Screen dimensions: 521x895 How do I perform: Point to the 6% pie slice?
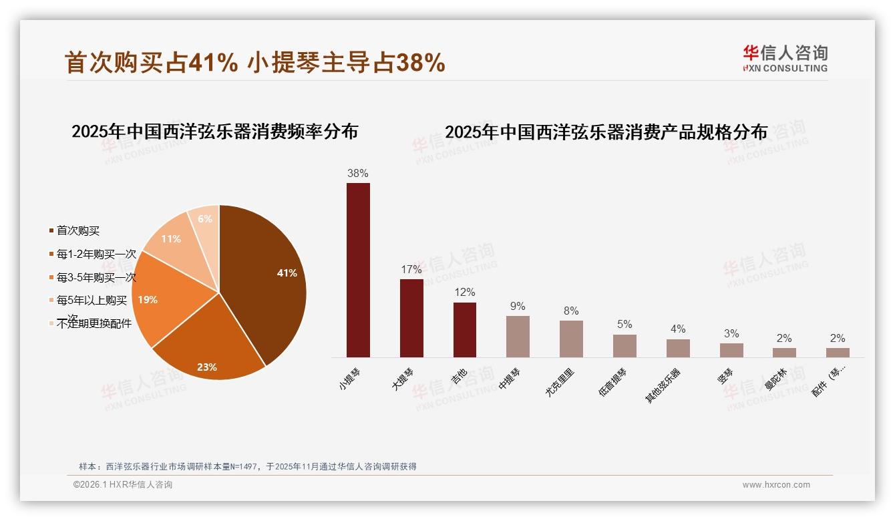(x=204, y=220)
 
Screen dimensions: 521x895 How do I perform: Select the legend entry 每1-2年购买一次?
(x=96, y=254)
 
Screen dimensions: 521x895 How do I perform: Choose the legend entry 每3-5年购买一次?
(x=96, y=277)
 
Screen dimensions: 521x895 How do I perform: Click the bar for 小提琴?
(x=358, y=270)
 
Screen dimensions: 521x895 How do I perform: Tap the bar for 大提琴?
(x=411, y=318)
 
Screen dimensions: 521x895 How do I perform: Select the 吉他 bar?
(x=465, y=329)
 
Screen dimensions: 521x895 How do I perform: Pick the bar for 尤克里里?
(x=571, y=339)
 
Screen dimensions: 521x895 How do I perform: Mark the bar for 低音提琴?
(x=624, y=345)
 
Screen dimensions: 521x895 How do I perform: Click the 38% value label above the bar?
(x=358, y=174)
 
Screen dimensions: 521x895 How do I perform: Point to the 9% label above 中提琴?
(x=518, y=307)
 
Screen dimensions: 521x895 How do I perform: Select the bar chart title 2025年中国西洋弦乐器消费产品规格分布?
(x=606, y=132)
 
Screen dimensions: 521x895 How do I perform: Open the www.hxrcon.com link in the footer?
(x=776, y=485)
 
